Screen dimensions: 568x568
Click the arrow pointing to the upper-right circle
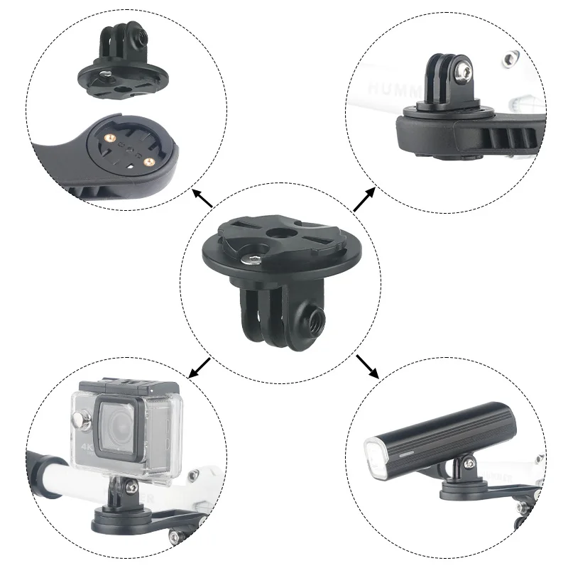click(365, 199)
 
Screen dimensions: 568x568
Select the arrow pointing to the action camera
click(200, 368)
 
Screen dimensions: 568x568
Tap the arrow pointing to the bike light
click(367, 367)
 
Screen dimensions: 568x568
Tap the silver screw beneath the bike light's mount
click(522, 508)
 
